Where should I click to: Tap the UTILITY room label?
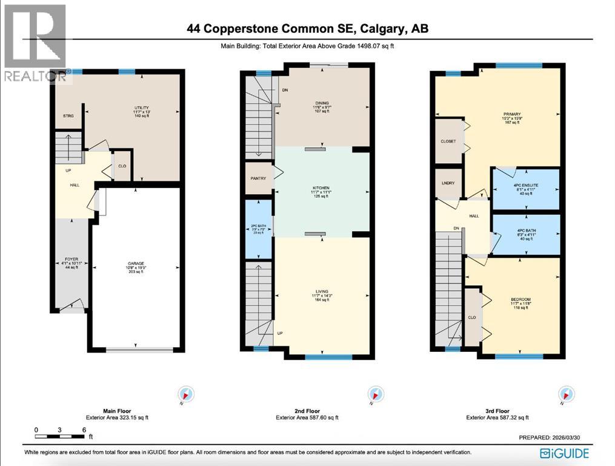coord(142,107)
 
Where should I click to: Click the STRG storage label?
coord(68,116)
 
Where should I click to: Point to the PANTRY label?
coord(259,178)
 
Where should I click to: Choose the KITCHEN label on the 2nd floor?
coord(321,189)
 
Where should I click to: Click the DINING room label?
coord(321,103)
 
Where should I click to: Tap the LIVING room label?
coord(321,292)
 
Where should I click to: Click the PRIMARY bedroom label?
coord(512,113)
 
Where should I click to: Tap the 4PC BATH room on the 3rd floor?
coord(525,231)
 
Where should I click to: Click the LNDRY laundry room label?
coord(448,182)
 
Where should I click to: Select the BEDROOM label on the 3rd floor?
coord(520,300)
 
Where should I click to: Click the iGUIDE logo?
coord(565,453)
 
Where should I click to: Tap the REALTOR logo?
coord(35,42)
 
